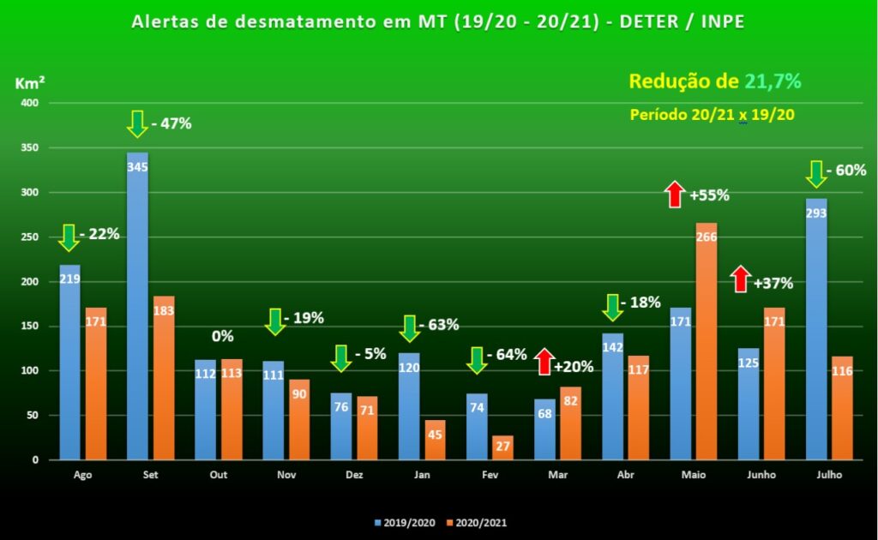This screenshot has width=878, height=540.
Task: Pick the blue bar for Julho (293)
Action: point(816,329)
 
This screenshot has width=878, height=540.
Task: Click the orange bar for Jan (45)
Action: point(435,440)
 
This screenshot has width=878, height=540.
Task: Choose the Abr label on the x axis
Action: point(614,474)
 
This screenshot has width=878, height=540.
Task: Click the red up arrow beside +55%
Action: point(675,194)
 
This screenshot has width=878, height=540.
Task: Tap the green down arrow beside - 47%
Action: point(137,123)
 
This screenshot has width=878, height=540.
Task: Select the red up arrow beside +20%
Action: point(544,361)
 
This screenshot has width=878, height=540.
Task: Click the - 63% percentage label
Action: point(440,325)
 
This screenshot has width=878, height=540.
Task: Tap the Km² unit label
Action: point(30,84)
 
